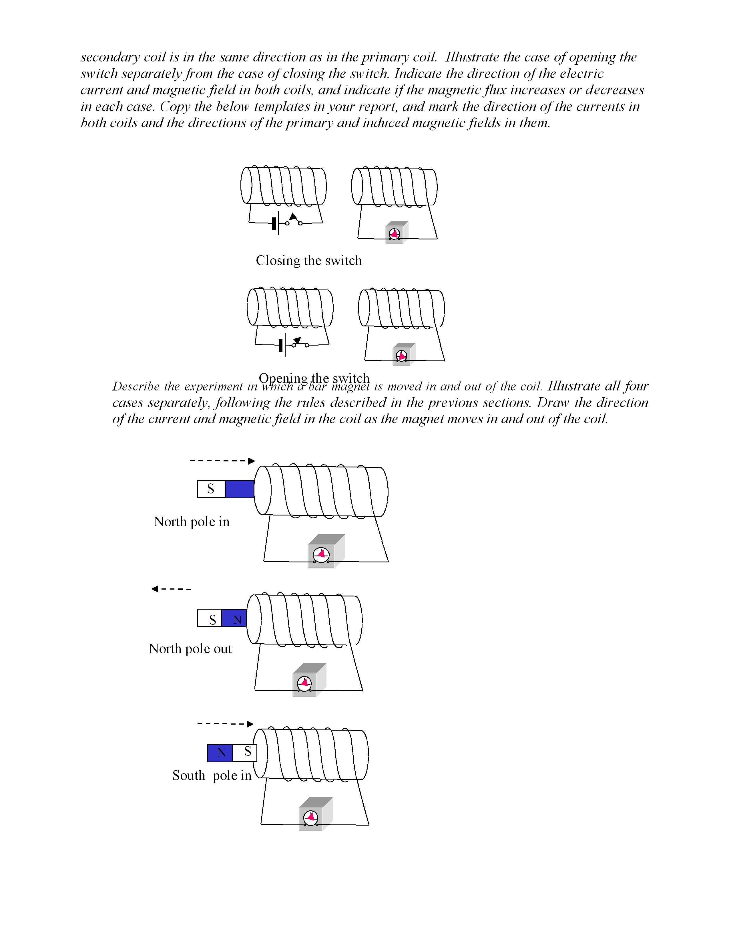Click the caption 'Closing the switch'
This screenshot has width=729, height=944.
(x=308, y=261)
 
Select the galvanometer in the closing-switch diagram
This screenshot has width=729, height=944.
(x=396, y=233)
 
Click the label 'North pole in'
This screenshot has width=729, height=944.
(x=191, y=522)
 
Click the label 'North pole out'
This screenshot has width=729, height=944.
(x=190, y=649)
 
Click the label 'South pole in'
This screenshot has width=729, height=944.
(x=212, y=776)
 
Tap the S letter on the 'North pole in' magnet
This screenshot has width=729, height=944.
(x=211, y=489)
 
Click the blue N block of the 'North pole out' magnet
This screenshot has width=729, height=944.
(x=234, y=618)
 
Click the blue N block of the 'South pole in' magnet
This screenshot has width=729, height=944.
(x=220, y=753)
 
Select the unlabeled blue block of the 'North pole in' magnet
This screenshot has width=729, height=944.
(x=240, y=489)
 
